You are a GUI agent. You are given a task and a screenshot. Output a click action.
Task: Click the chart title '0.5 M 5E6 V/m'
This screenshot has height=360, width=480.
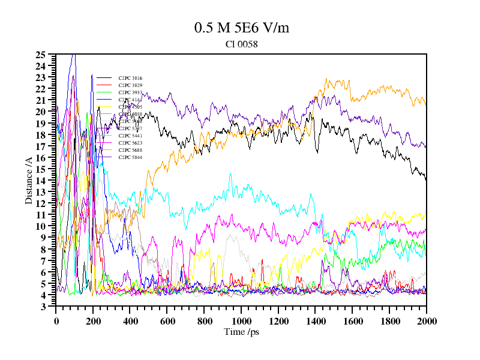(241, 28)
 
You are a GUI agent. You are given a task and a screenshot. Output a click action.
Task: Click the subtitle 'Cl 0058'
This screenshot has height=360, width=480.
(241, 44)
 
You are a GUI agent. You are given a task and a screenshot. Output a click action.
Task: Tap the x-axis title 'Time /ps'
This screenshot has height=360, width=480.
(241, 332)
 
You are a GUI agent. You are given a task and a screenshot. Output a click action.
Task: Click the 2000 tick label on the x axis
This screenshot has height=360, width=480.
(426, 320)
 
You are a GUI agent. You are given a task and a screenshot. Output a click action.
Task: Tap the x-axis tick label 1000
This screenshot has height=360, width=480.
(241, 320)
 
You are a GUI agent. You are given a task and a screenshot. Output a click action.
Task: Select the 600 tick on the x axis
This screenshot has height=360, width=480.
(167, 320)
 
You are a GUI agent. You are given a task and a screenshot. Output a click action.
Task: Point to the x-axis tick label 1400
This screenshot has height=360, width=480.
(315, 320)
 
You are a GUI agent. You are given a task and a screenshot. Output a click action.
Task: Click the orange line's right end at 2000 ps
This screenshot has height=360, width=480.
(426, 104)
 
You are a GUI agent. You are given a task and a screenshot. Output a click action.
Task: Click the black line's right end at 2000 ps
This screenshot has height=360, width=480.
(426, 179)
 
